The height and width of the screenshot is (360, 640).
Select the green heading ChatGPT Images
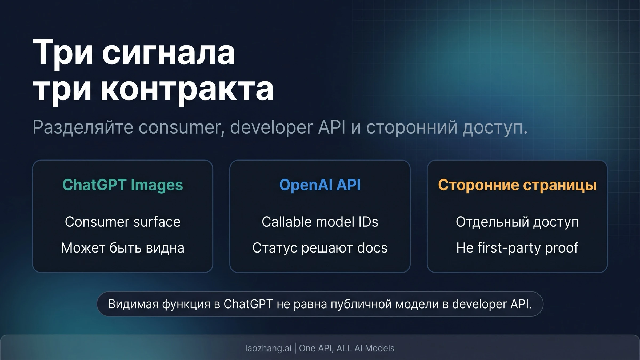123,185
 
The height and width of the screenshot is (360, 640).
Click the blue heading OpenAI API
320,185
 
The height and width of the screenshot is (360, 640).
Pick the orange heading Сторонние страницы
517,185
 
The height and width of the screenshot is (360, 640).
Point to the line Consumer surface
123,222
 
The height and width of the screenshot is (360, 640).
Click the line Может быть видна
123,248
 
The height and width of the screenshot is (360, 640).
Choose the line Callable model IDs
320,222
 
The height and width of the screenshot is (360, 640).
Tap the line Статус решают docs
320,248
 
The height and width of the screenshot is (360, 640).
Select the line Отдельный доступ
517,222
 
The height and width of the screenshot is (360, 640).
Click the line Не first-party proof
517,248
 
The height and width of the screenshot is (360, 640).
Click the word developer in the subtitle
271,127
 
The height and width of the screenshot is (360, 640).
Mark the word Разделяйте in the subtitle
83,127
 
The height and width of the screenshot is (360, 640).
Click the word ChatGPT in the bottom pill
248,304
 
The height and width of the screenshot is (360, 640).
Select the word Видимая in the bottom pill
133,304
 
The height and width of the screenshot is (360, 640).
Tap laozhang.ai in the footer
268,348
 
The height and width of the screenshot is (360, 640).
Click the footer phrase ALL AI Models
365,348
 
